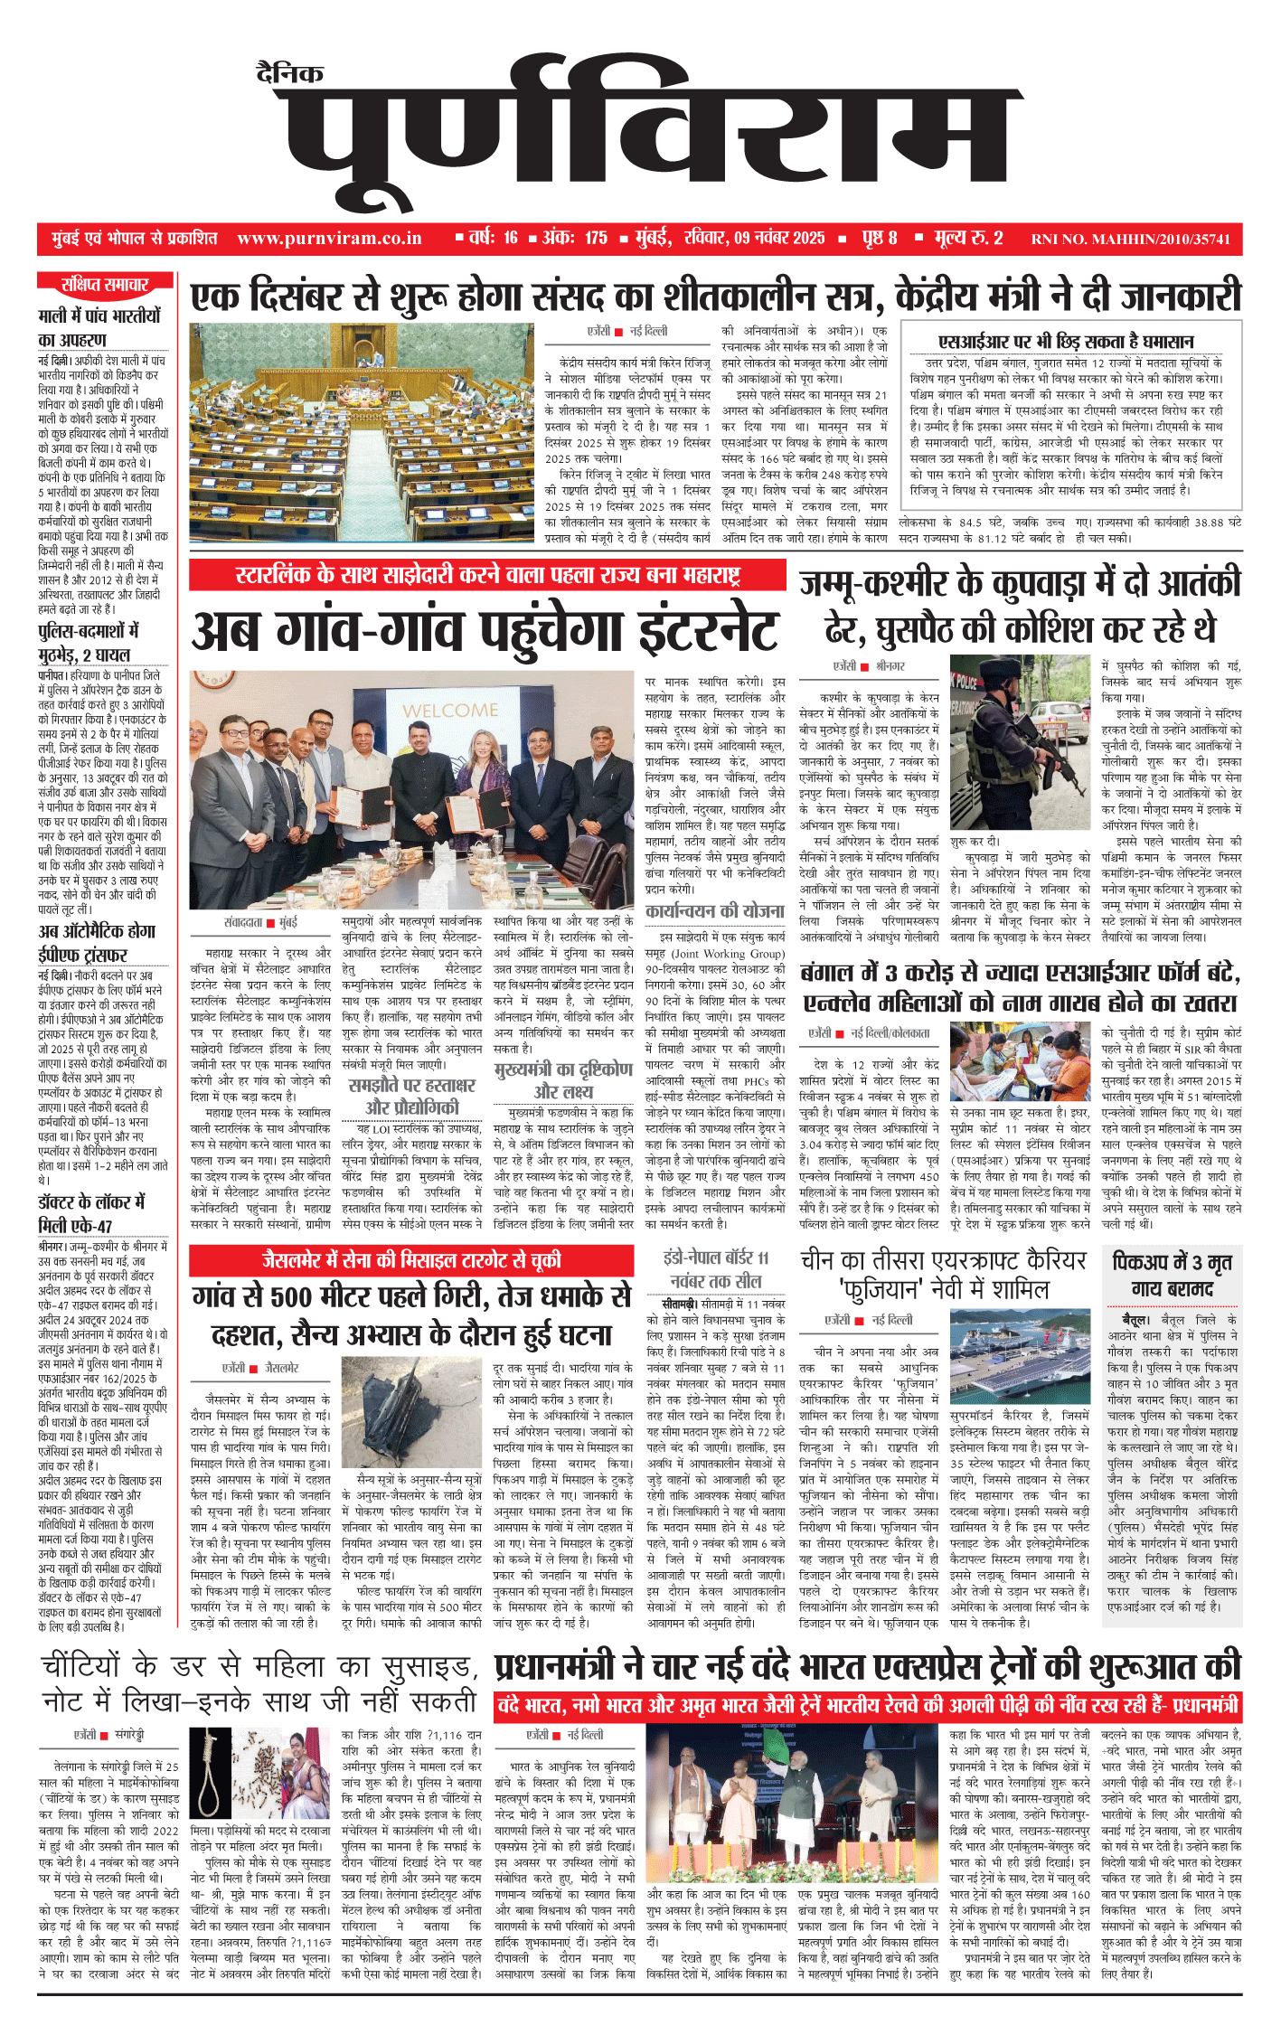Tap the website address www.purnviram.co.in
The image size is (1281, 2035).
coord(329,239)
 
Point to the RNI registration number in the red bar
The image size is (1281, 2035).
coord(1130,240)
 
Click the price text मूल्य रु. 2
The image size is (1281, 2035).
coord(968,238)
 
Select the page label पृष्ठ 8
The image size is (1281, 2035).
coord(879,238)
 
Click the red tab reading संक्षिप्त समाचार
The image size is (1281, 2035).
coord(104,285)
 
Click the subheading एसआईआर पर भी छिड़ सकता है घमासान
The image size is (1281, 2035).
coord(1066,341)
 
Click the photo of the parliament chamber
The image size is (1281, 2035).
coord(362,432)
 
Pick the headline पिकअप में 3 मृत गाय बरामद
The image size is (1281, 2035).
coord(1173,1275)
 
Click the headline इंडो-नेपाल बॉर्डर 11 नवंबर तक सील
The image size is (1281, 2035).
coord(715,1268)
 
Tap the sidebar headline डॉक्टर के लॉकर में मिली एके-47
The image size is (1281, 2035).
coord(90,1213)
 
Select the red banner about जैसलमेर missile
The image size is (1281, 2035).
coord(411,1260)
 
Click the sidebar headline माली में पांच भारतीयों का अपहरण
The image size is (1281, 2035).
coord(99,327)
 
